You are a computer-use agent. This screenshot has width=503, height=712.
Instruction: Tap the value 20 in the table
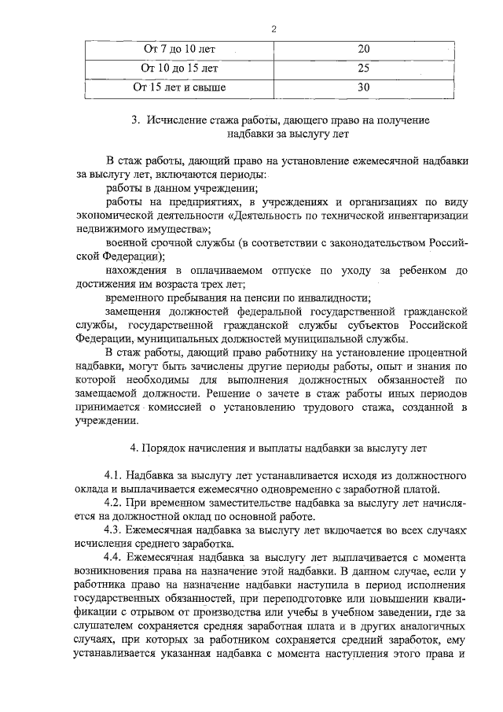pyautogui.click(x=363, y=50)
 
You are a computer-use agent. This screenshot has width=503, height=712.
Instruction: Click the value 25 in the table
pyautogui.click(x=363, y=68)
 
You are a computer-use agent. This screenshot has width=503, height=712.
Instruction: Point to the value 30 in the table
pyautogui.click(x=363, y=87)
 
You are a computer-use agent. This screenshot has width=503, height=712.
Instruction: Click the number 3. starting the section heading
pyautogui.click(x=135, y=120)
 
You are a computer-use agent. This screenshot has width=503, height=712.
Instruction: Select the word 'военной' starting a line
pyautogui.click(x=124, y=242)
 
